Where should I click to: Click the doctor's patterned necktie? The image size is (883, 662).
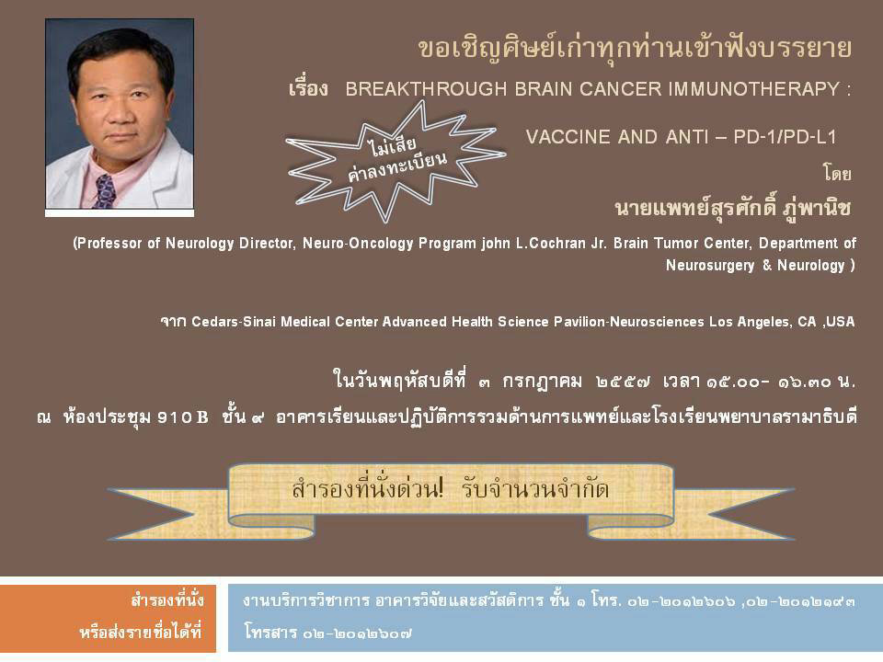point(105,191)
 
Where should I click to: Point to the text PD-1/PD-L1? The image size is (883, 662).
point(785,137)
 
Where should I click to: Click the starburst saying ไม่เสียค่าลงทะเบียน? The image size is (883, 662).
point(396,160)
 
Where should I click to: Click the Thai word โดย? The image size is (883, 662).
point(837,174)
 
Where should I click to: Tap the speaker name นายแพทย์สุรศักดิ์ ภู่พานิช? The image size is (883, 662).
point(733,208)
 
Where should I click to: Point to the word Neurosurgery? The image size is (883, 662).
point(710,265)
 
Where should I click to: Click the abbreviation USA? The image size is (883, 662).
point(841,322)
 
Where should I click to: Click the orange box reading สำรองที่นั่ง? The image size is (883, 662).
point(108,618)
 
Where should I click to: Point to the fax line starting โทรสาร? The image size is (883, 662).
point(327,633)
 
